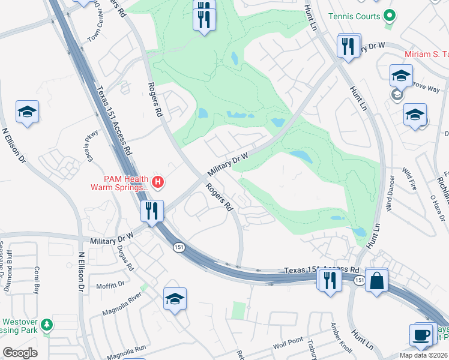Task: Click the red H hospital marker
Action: pyautogui.click(x=158, y=182)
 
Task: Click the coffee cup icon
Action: pyautogui.click(x=421, y=334)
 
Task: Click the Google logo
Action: pyautogui.click(x=20, y=353)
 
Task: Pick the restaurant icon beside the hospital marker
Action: pyautogui.click(x=152, y=211)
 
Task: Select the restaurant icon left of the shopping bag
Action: pyautogui.click(x=329, y=280)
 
